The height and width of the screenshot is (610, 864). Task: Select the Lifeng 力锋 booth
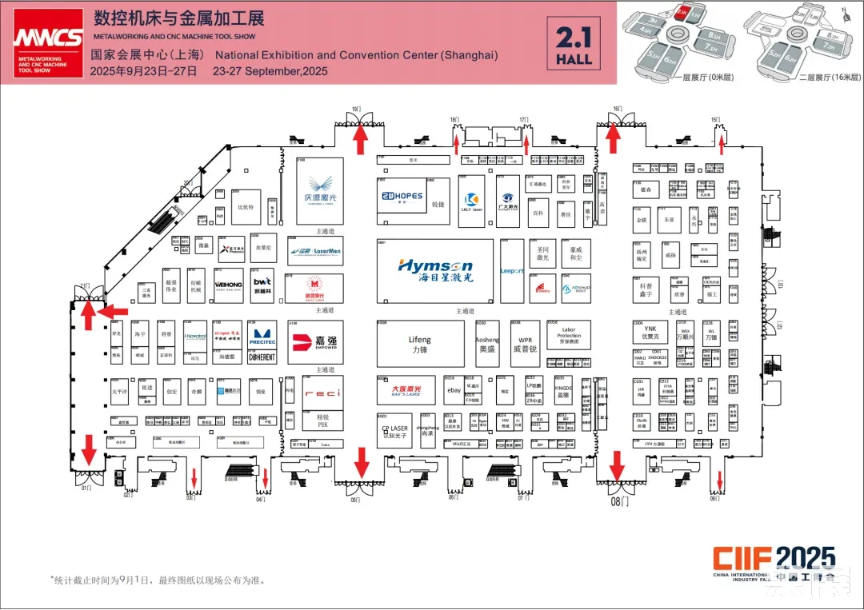coord(420,344)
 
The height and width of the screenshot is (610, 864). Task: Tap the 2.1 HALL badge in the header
coord(574,45)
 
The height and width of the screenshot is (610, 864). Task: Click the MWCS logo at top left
coord(47,42)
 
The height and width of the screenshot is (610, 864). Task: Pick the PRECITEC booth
coord(262,337)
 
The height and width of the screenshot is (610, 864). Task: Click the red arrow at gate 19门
coord(361,140)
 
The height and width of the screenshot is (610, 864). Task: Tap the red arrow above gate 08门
coord(616,464)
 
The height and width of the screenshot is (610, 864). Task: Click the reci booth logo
coord(322,393)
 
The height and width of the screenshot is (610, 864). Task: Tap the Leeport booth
coord(512,271)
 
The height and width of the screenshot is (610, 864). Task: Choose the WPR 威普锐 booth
coord(526,344)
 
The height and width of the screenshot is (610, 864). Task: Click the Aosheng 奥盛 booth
coord(487,344)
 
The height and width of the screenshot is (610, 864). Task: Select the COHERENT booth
coord(262,357)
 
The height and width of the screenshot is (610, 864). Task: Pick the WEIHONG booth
coord(228,285)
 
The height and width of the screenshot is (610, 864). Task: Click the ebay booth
coord(454,390)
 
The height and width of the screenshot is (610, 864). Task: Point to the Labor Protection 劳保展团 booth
coord(569,336)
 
